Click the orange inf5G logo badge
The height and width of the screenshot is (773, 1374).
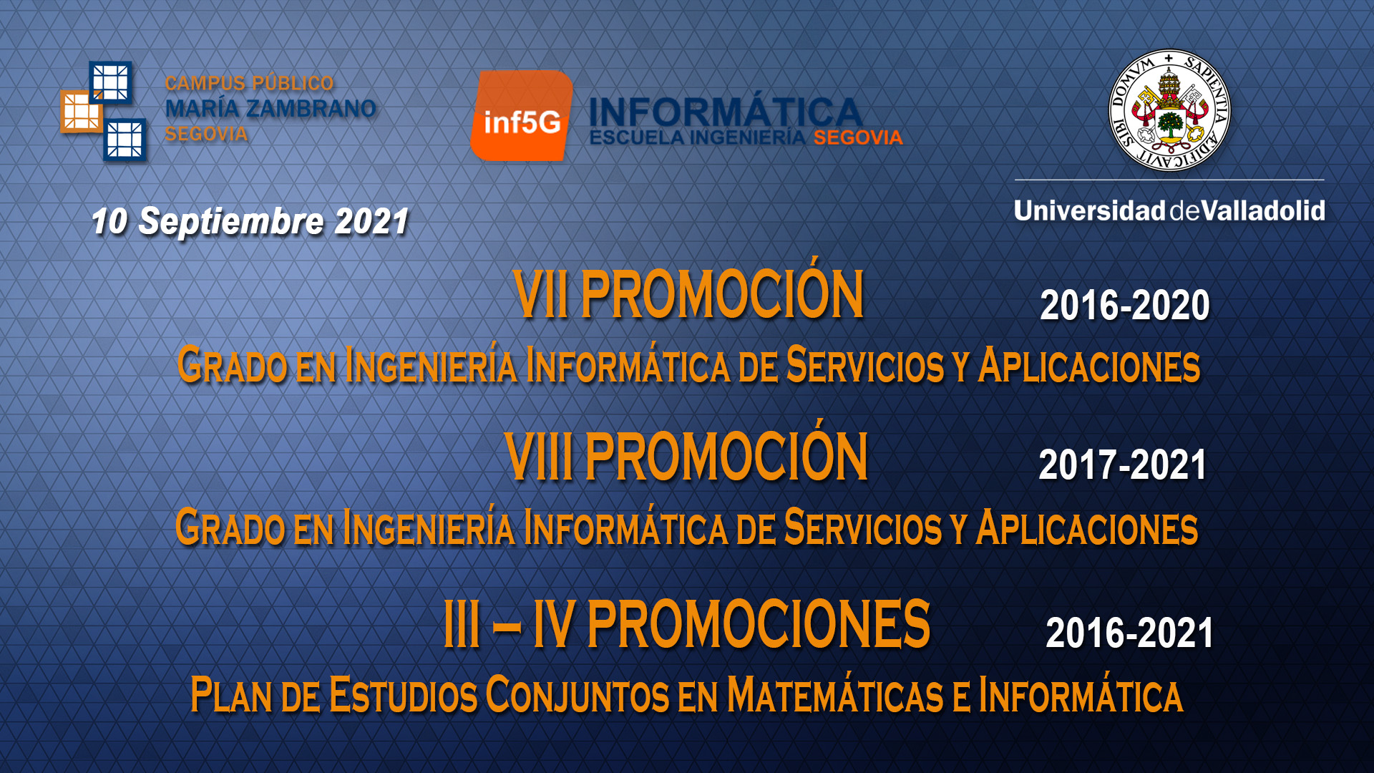click(522, 116)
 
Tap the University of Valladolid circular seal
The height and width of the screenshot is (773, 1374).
click(1169, 110)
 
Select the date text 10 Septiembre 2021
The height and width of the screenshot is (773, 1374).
click(250, 221)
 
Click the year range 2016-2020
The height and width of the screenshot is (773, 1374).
click(1124, 306)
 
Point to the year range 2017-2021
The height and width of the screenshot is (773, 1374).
click(1122, 465)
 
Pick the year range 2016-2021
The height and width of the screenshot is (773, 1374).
click(1129, 633)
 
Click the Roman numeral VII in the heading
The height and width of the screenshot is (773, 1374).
click(541, 295)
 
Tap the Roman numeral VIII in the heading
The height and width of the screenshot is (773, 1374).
click(539, 457)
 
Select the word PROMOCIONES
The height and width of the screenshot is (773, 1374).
click(758, 625)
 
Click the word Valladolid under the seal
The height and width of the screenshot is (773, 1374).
click(1263, 211)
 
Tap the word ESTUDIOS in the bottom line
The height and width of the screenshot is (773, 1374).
click(403, 696)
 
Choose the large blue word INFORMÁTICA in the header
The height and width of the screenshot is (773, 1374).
click(724, 112)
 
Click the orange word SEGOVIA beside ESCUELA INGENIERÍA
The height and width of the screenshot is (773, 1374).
click(858, 138)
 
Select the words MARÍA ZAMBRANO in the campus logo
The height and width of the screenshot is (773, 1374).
click(271, 109)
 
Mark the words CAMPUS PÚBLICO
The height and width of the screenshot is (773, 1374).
click(249, 83)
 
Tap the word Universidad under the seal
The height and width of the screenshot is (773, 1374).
click(1089, 211)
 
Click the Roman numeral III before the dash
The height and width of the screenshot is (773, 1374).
click(462, 625)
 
